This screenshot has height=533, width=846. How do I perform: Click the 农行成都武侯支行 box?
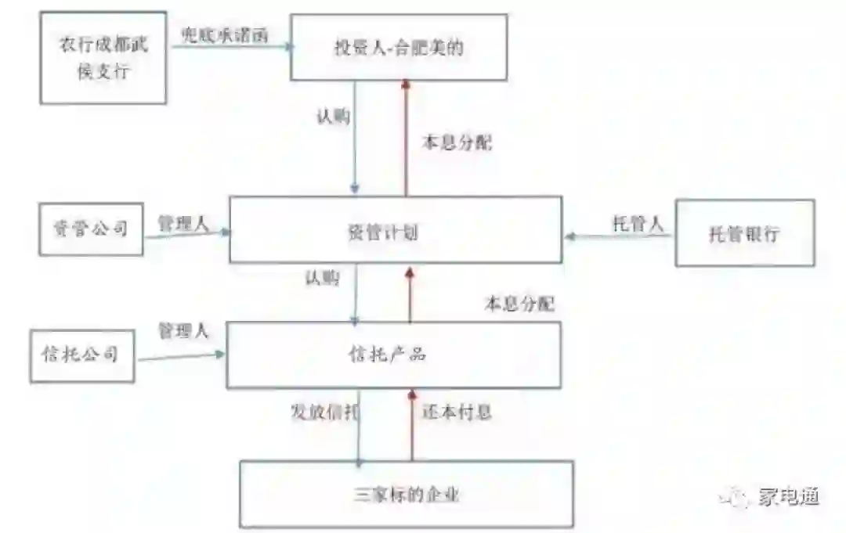103,57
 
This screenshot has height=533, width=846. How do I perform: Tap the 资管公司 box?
92,229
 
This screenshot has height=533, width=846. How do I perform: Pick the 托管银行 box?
744,233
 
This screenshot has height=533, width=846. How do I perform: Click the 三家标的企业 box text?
406,495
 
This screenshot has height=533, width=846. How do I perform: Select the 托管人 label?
638,224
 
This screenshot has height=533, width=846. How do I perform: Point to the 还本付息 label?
457,412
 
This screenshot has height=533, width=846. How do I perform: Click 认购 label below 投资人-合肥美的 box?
333,117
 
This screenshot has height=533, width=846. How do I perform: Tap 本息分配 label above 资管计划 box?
457,144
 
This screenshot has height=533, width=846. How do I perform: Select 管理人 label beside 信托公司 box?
183,330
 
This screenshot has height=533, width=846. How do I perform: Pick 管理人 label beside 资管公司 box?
183,223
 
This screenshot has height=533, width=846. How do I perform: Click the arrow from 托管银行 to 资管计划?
619,235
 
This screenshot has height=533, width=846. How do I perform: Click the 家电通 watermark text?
788,496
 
